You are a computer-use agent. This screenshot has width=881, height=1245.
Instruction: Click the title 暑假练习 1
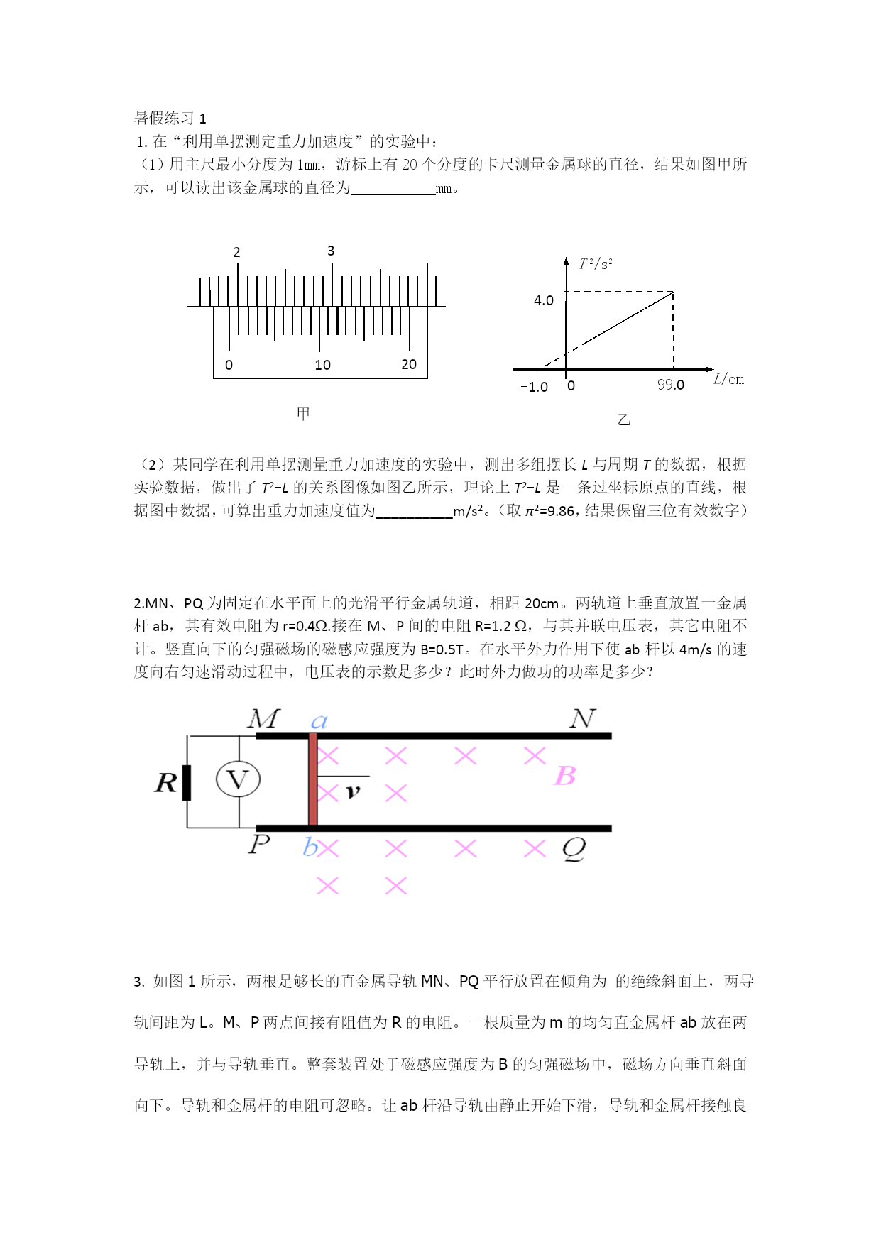coord(170,118)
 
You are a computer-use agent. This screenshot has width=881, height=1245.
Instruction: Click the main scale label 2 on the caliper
coord(236,252)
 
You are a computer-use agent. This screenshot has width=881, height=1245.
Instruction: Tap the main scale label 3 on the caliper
coord(331,251)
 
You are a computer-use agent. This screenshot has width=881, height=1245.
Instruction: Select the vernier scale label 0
coord(229,365)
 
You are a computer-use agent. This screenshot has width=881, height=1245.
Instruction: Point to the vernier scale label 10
coord(322,365)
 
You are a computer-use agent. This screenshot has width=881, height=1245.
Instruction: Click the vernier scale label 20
coord(409,364)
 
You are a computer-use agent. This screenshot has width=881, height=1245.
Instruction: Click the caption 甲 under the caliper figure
coord(303,413)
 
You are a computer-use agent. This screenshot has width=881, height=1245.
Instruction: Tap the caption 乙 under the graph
coord(624,419)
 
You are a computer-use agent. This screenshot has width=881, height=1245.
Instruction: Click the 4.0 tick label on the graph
coord(544,300)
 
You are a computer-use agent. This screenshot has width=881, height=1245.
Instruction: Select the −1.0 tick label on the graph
coord(534,387)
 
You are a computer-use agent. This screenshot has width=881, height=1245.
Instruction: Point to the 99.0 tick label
coord(671,385)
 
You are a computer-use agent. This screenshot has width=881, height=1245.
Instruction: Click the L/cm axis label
coord(729,379)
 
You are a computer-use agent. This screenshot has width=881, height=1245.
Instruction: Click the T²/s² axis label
coord(596,264)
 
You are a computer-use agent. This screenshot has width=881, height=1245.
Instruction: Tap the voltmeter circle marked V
coord(238,780)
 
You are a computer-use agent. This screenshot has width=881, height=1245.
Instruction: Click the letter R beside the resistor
coord(165,782)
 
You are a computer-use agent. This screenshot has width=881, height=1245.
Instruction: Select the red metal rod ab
coord(312,779)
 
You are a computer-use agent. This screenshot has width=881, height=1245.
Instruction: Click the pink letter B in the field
coord(564,775)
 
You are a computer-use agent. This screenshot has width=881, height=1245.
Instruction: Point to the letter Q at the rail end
coord(574,848)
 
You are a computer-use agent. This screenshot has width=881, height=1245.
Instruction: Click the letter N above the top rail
coord(583,719)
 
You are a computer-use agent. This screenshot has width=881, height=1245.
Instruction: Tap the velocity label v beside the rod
coord(353,791)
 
